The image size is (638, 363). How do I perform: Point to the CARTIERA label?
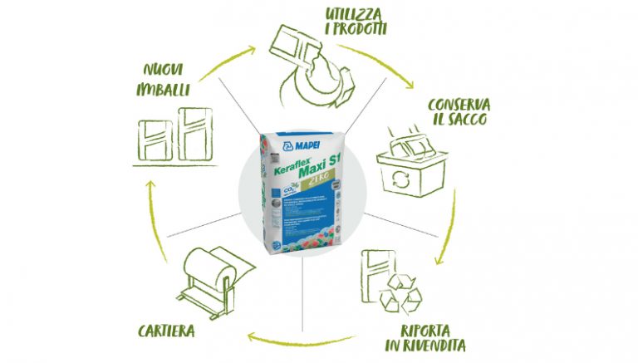point(166,331)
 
